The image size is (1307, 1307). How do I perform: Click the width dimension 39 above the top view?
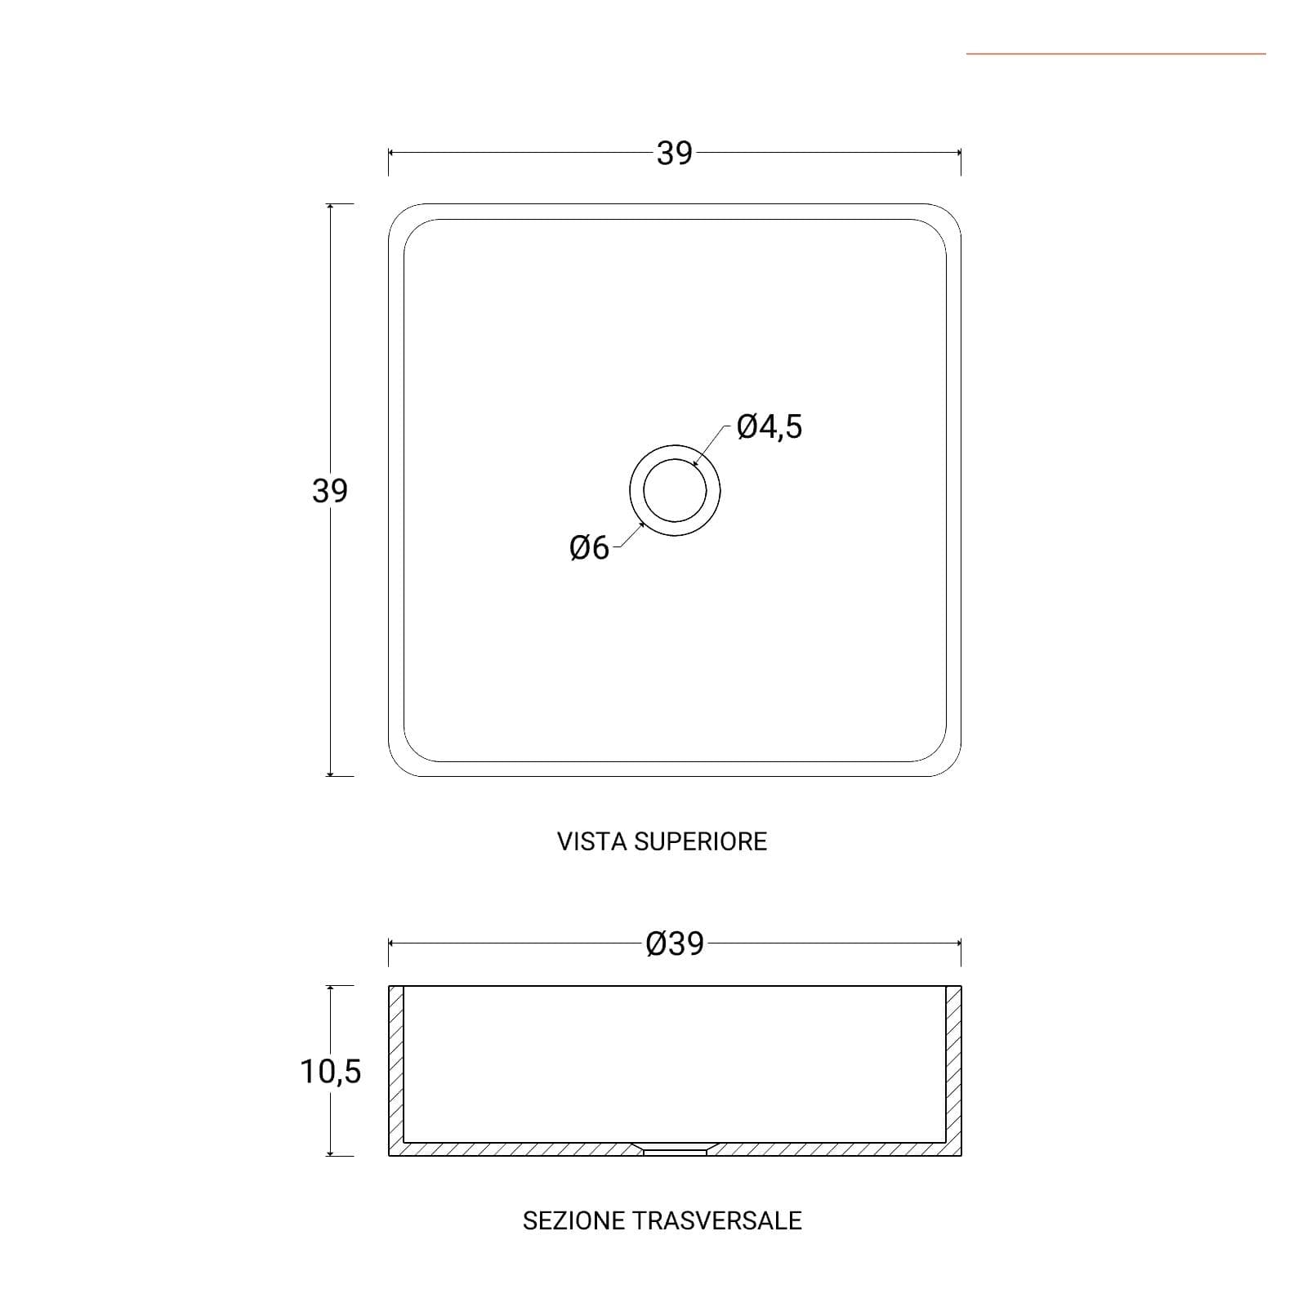click(674, 153)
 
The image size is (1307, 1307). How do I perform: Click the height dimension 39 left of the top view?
click(330, 490)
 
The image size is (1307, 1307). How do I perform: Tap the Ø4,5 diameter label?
click(769, 426)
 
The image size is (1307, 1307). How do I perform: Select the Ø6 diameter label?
click(589, 547)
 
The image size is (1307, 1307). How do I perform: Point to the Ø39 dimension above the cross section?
click(675, 943)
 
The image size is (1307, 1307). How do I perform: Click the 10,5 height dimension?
click(330, 1072)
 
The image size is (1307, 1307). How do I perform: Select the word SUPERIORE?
click(701, 841)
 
